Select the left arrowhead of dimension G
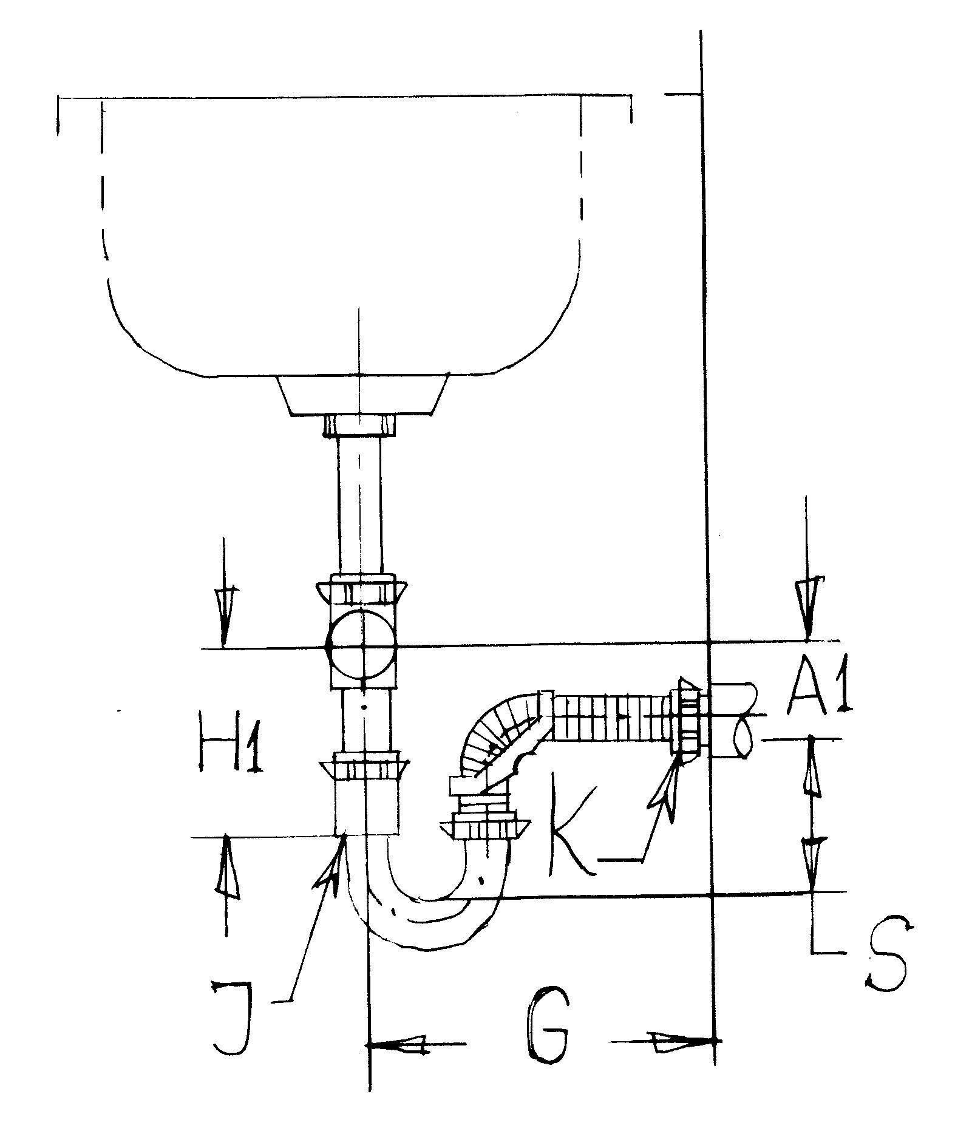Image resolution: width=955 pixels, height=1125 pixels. [x=398, y=1044]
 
